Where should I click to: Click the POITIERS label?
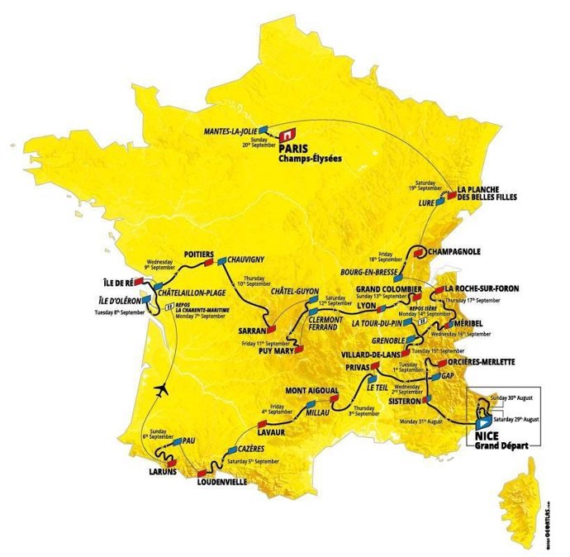[x=197, y=254]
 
